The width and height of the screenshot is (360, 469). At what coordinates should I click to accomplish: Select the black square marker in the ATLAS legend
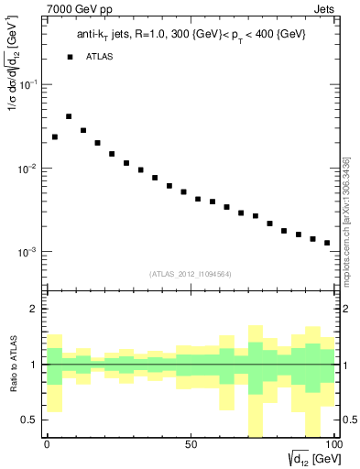(70, 57)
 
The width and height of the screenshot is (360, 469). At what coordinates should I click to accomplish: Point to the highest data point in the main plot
(69, 116)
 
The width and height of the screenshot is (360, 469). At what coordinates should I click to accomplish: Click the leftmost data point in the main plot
(55, 136)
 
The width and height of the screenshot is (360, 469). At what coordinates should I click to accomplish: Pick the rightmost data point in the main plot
(327, 243)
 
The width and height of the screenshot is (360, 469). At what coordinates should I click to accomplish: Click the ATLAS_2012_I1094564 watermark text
(190, 272)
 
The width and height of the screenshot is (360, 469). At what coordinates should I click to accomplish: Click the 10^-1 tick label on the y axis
(27, 84)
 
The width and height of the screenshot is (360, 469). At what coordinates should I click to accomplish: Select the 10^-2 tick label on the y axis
(27, 169)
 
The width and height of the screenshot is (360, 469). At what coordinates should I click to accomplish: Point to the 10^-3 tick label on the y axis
(27, 252)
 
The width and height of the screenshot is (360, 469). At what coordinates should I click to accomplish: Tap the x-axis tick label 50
(190, 444)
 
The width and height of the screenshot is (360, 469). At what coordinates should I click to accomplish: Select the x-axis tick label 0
(47, 444)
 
